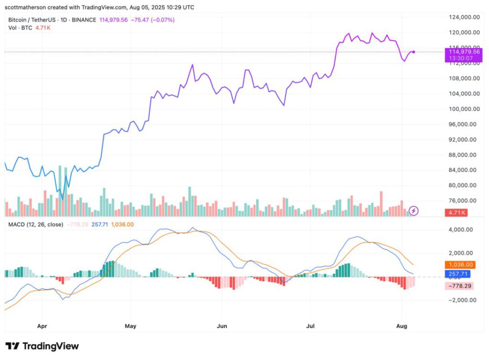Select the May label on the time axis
tap(130, 326)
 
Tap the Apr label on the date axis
tap(42, 326)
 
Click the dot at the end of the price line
tap(414, 52)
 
